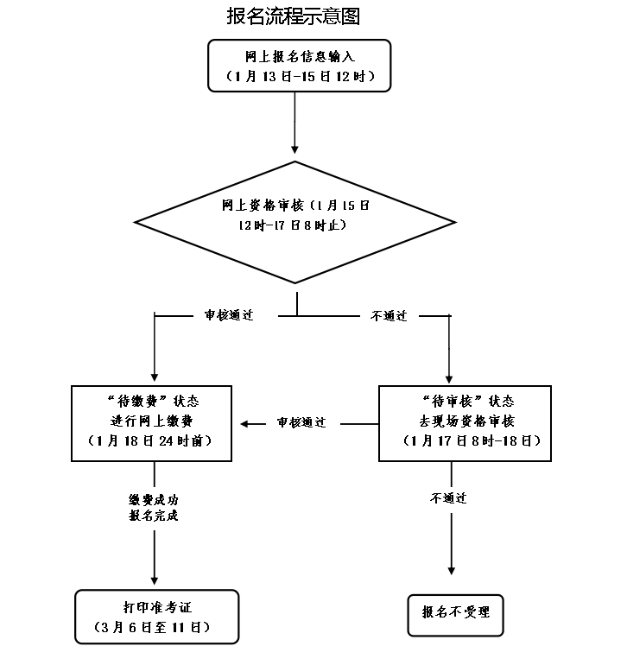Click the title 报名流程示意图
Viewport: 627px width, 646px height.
tap(293, 16)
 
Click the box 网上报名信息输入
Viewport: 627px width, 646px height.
tap(299, 65)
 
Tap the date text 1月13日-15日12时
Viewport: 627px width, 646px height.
tap(299, 76)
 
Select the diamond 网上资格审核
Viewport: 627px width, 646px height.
tap(296, 222)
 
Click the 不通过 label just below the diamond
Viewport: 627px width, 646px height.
tap(389, 316)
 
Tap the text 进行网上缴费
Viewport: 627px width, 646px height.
tap(151, 421)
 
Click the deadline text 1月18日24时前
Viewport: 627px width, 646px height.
tap(151, 440)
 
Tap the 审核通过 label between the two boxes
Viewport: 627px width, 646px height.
tap(301, 423)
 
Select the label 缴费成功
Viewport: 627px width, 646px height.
tap(154, 500)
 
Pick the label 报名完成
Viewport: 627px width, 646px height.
tap(154, 516)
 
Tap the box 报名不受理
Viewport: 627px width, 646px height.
tap(455, 613)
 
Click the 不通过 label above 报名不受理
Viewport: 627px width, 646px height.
tap(448, 498)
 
